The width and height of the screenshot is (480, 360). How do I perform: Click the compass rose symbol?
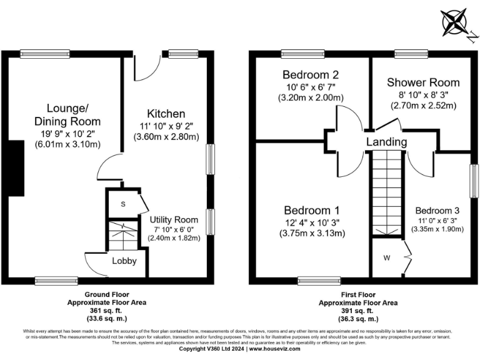click(456, 23)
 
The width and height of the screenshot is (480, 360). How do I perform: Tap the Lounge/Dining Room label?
click(67, 114)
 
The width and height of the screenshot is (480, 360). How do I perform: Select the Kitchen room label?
click(166, 114)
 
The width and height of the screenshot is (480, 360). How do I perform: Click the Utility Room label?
click(174, 219)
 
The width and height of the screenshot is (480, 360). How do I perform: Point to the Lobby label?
click(124, 261)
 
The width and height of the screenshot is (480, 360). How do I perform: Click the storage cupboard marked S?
click(122, 204)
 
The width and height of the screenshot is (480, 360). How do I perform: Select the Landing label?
click(386, 142)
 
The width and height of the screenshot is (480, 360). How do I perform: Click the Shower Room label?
click(423, 82)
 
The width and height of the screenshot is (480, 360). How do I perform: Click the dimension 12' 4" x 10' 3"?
click(312, 222)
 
